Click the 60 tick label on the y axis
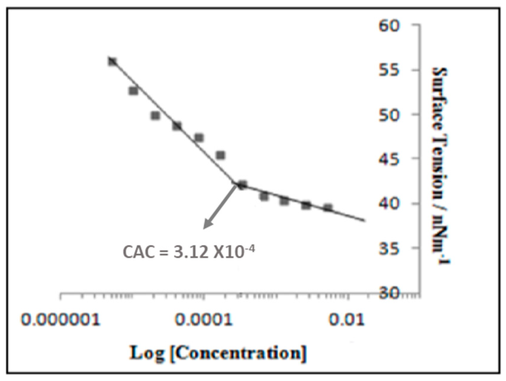pyautogui.click(x=389, y=26)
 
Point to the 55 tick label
pyautogui.click(x=389, y=70)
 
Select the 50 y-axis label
pyautogui.click(x=389, y=115)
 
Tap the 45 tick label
pyautogui.click(x=389, y=158)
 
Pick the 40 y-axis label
pyautogui.click(x=389, y=203)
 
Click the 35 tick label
pyautogui.click(x=389, y=248)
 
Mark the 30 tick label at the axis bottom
pyautogui.click(x=389, y=293)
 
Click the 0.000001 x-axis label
pyautogui.click(x=61, y=321)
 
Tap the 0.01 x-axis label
pyautogui.click(x=347, y=321)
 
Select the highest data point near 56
pyautogui.click(x=112, y=62)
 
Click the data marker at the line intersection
pyautogui.click(x=242, y=185)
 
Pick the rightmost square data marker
pyautogui.click(x=328, y=208)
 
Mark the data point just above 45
pyautogui.click(x=220, y=155)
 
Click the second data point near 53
pyautogui.click(x=133, y=91)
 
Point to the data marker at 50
pyautogui.click(x=155, y=116)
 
